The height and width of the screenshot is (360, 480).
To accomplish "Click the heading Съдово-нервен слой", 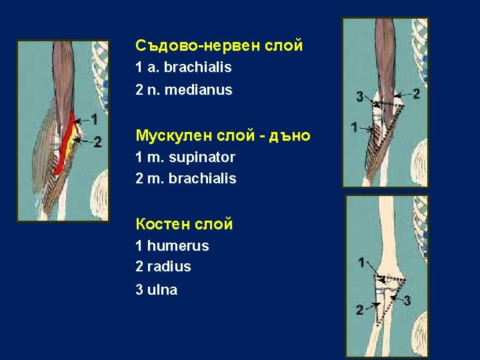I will point(219,46).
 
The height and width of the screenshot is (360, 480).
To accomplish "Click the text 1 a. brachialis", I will point(183,67).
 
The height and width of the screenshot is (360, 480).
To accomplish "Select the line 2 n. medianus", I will point(183,89).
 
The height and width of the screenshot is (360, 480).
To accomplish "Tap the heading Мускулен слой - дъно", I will point(223,136).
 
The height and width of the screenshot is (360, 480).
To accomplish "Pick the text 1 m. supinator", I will point(185,157).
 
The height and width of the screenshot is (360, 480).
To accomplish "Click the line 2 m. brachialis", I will point(185,179).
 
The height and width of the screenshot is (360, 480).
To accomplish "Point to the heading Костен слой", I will point(184,225).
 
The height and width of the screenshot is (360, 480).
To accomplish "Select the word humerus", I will point(177,246).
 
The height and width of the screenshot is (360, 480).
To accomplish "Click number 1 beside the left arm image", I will point(95,119).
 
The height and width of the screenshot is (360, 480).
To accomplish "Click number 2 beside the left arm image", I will point(97,141).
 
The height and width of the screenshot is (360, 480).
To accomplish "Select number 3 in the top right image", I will point(360,97).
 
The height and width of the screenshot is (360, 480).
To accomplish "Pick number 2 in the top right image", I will point(416,93).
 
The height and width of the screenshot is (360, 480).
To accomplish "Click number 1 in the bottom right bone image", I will point(361,263).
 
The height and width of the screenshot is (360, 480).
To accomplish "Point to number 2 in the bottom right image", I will point(359,309).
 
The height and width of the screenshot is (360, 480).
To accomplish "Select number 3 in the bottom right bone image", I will point(407,301).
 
